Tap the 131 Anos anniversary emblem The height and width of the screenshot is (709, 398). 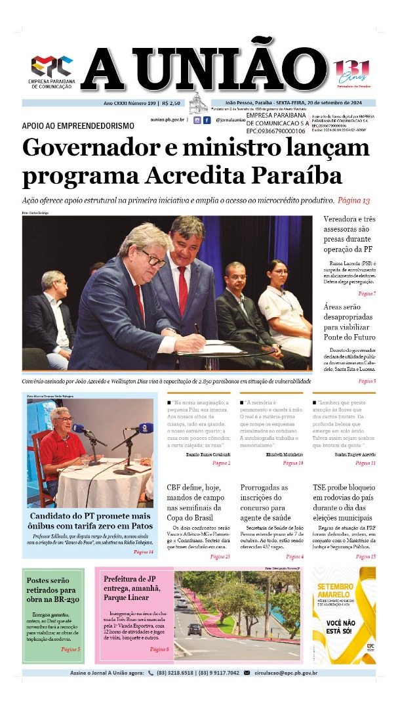click(353, 71)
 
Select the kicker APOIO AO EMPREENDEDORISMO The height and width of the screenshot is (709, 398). click(78, 125)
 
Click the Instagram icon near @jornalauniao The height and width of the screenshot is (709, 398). click(197, 120)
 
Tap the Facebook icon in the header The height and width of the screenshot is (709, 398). click(207, 120)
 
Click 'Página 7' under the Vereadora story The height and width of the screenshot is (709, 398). click(367, 293)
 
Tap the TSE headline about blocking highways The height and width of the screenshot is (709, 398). click(344, 503)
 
